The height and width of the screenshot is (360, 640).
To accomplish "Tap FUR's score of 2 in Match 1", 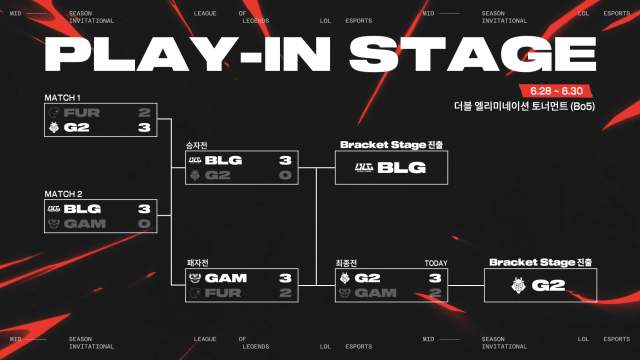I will coord(145,113).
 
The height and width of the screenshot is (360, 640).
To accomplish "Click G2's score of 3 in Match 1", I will coord(145,128).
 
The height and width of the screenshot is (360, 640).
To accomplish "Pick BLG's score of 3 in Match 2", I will coord(145,208).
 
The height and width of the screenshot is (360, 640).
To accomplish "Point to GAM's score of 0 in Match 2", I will coord(145,223).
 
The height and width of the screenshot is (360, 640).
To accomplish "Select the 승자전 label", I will coord(196,144).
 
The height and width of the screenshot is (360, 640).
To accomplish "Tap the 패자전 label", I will coord(196,262).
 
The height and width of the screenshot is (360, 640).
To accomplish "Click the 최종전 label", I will coord(346,262).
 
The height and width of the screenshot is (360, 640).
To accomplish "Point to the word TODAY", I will coord(436,262).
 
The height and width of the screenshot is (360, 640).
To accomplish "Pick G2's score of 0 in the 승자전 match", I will coord(285,175).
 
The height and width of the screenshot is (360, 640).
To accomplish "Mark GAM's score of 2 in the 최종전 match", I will coord(436,293).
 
